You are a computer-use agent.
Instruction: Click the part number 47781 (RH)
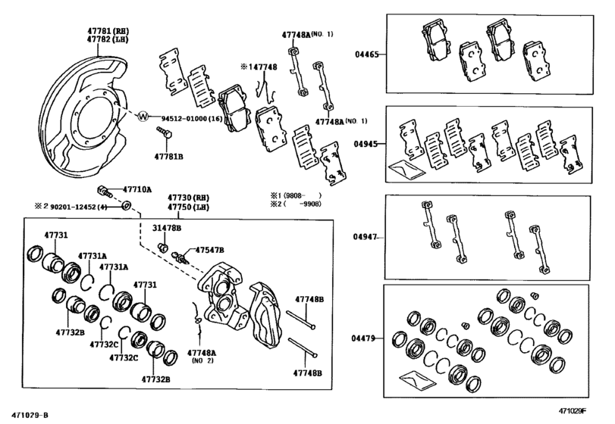[108, 30]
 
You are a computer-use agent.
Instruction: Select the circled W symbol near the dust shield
[143, 117]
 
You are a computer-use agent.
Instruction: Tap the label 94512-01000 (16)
[192, 118]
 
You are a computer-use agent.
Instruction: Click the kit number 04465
[367, 55]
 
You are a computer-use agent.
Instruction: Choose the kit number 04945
[366, 144]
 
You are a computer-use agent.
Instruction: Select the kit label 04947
[365, 237]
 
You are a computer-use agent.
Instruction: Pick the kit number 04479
[363, 338]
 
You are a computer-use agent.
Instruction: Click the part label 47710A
[137, 190]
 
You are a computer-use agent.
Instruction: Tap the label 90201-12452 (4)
[78, 207]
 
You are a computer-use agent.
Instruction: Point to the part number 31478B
[167, 228]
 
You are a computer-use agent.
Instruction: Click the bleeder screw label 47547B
[209, 250]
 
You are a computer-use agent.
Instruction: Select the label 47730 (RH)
[188, 198]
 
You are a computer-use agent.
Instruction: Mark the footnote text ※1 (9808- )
[296, 195]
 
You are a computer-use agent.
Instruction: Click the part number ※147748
[259, 67]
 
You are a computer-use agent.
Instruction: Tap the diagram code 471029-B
[30, 415]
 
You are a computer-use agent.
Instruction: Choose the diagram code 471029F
[573, 410]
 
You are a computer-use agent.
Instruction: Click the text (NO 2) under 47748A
[202, 360]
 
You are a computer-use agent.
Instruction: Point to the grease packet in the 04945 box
[406, 169]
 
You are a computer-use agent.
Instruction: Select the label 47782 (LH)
[108, 39]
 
